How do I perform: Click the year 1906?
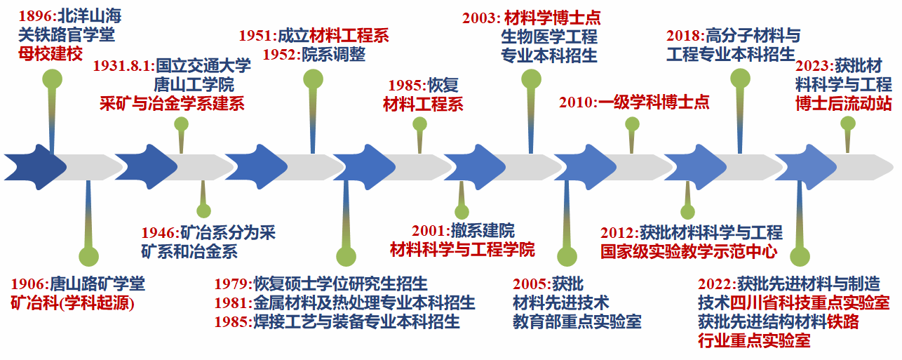click(29, 285)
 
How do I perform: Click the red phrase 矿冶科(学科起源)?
click(72, 303)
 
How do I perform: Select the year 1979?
click(232, 285)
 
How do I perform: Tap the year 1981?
click(232, 303)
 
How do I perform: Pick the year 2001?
click(430, 231)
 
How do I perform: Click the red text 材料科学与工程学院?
click(462, 249)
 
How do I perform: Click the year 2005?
click(531, 285)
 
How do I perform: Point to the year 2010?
click(577, 102)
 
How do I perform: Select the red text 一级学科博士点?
click(654, 102)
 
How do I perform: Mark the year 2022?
click(716, 285)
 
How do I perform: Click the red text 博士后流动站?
click(843, 103)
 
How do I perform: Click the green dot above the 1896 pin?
click(52, 78)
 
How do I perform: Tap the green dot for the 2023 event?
click(848, 124)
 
